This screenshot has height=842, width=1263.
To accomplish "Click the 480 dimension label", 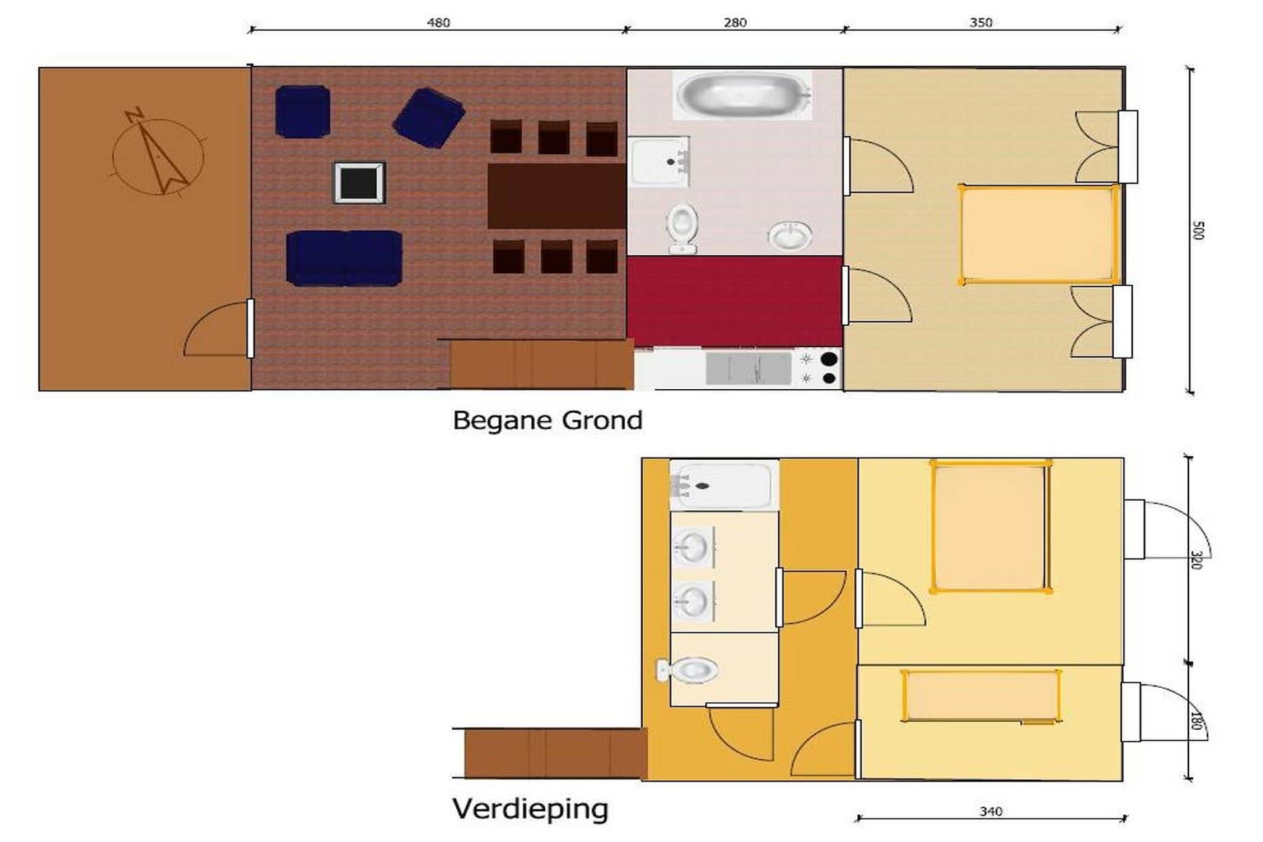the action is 438,23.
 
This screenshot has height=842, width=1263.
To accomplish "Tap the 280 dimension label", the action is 734,23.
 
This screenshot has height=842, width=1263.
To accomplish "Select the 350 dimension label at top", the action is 981,23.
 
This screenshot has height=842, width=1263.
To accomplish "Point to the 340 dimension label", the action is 991,812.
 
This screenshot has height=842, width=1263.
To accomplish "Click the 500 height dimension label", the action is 1198,230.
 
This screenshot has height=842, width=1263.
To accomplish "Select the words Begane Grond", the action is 548,421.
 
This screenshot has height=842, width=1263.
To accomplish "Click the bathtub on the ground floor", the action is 743,95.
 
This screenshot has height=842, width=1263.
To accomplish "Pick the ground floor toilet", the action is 682,229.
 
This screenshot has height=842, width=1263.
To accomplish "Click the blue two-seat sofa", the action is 344,258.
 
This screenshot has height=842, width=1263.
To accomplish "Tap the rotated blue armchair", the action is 429,118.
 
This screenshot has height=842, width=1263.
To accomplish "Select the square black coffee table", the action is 360,183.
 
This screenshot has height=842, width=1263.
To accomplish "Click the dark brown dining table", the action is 556,196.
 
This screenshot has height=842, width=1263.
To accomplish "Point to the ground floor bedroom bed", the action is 1039,234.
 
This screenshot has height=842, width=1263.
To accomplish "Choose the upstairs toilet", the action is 688,670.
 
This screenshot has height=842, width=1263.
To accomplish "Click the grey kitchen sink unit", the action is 748,368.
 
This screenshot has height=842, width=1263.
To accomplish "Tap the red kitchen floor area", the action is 734,301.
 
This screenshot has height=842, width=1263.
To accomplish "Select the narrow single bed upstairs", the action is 981,695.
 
